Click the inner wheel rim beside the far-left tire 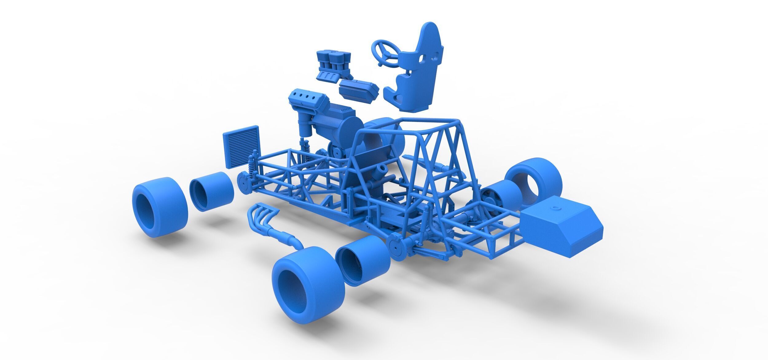tap(211, 192)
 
